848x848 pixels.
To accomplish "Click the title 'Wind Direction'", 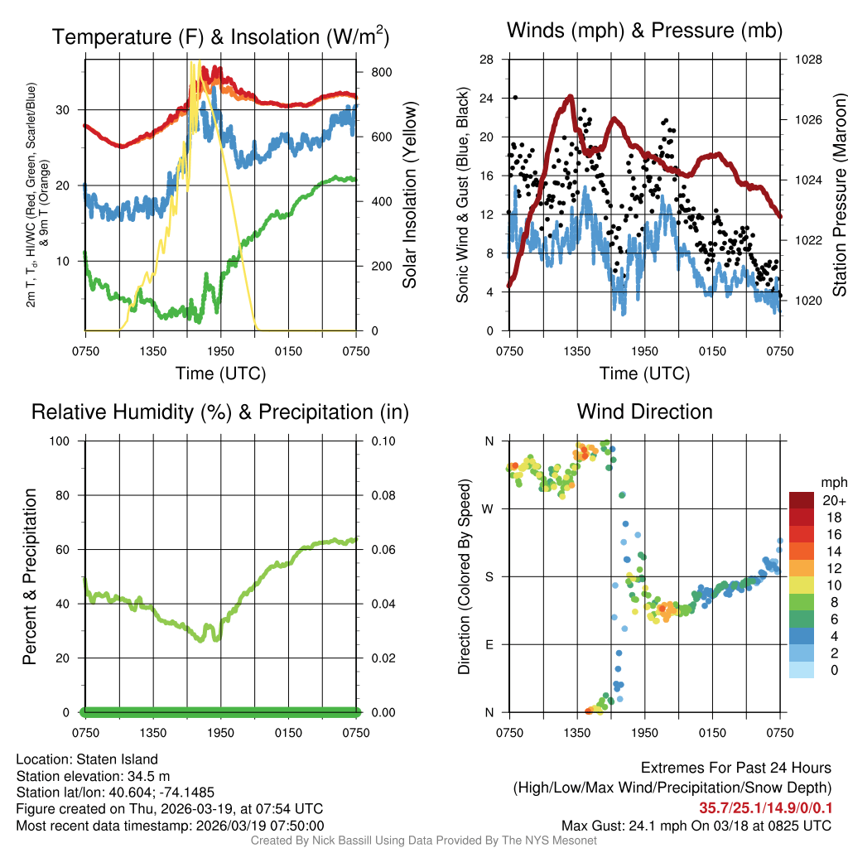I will (644, 412).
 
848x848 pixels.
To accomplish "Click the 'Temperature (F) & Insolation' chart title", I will (220, 37).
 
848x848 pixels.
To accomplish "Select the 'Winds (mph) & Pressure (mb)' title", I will (644, 31).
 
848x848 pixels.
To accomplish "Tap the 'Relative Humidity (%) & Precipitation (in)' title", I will (220, 412).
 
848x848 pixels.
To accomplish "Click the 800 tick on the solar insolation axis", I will (381, 72).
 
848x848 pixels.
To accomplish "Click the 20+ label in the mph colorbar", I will (834, 500).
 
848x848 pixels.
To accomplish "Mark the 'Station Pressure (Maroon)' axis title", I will (839, 195).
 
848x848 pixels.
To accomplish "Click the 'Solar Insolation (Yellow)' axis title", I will (409, 195).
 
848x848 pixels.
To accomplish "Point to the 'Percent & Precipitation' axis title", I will (30, 576).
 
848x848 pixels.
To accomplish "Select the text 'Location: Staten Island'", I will (87, 759).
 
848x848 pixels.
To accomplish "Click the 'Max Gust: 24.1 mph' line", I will (696, 826).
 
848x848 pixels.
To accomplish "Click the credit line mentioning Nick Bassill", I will (423, 841).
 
